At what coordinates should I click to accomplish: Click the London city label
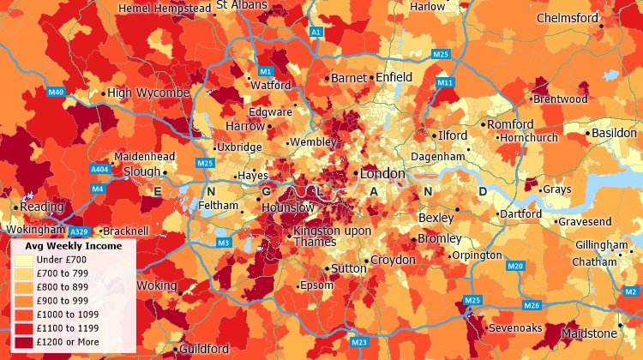click(382, 173)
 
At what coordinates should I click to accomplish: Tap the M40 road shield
click(57, 92)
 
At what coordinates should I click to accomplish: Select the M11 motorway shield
click(444, 82)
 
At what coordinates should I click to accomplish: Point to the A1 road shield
click(315, 32)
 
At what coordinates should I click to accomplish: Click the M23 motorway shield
click(359, 342)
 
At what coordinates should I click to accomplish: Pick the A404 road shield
click(99, 170)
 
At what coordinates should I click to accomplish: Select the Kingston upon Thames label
click(332, 236)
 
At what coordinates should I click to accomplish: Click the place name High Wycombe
click(148, 93)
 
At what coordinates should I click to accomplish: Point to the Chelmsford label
click(567, 18)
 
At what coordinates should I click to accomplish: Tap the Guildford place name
click(204, 349)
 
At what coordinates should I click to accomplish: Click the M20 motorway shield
click(514, 267)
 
